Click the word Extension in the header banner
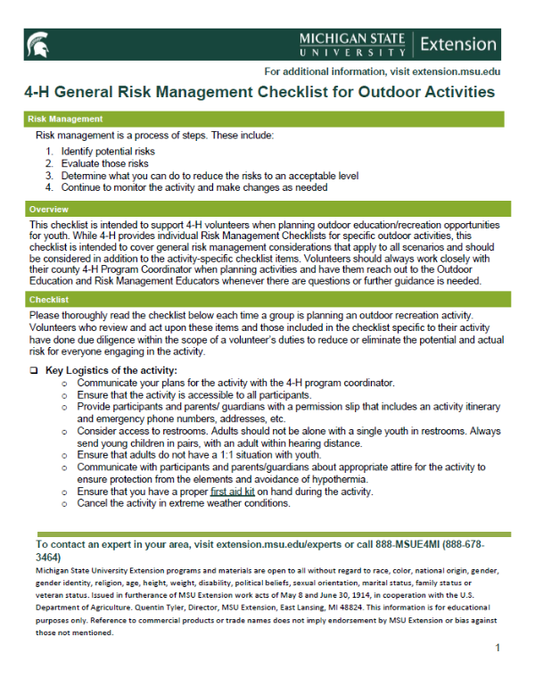[457, 44]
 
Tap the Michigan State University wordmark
[351, 44]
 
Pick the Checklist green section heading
[49, 300]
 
